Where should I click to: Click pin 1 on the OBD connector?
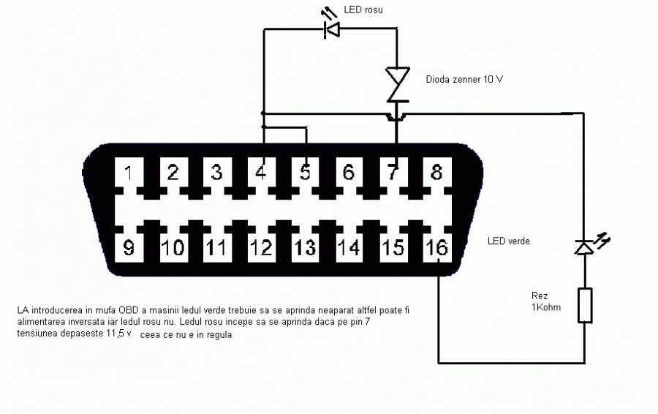click(x=129, y=173)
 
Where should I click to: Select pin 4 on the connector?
click(x=261, y=173)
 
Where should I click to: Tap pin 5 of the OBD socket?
click(x=305, y=173)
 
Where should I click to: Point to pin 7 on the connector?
click(x=393, y=173)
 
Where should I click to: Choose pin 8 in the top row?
click(x=436, y=173)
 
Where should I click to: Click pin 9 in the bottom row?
click(x=129, y=247)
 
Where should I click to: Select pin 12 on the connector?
click(x=261, y=247)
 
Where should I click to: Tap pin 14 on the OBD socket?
click(x=349, y=247)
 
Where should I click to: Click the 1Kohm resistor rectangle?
click(x=584, y=306)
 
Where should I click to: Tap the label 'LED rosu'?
click(x=363, y=10)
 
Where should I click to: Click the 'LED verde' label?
click(x=509, y=241)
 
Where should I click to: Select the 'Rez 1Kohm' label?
click(x=546, y=301)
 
